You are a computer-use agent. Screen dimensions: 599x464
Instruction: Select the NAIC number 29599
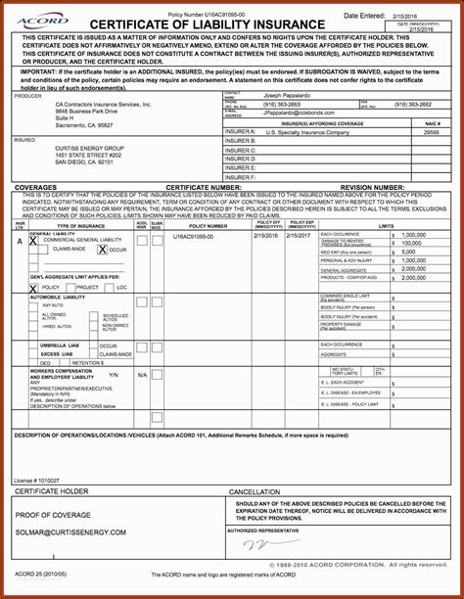click(x=431, y=131)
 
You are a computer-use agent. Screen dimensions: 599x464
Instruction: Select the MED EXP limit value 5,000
click(x=407, y=253)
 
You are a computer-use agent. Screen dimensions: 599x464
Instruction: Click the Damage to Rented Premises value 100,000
click(x=412, y=244)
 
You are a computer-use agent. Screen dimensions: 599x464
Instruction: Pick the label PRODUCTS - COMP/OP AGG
click(x=351, y=278)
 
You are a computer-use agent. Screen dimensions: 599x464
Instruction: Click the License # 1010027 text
click(x=37, y=481)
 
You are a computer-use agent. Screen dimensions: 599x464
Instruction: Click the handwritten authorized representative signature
click(x=259, y=543)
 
